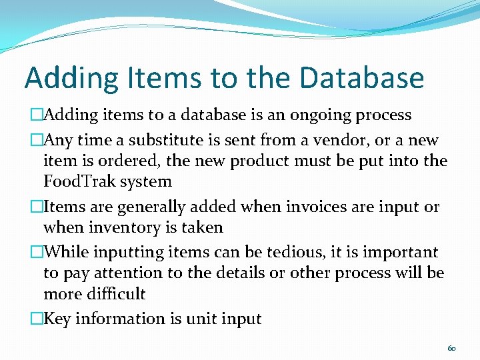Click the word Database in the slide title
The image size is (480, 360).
(x=361, y=77)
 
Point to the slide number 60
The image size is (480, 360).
(x=451, y=348)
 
